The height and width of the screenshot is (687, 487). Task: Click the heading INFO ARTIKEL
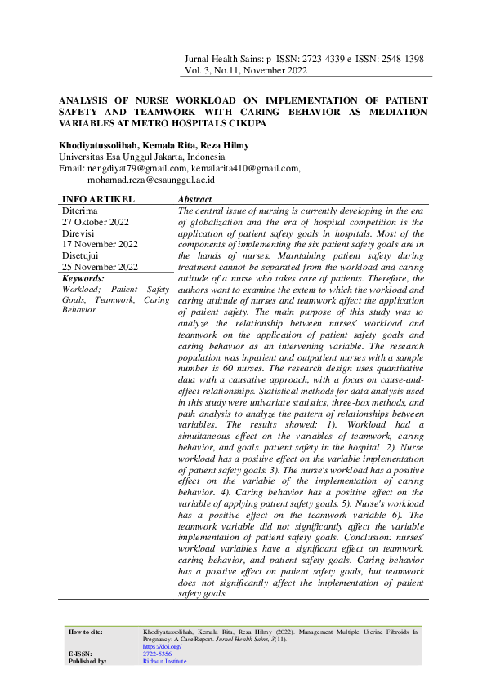[x=99, y=200]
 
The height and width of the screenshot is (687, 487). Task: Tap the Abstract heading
[x=194, y=200]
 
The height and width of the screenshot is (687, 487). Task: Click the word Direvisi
[x=80, y=233]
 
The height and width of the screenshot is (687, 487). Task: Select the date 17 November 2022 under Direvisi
[x=100, y=244]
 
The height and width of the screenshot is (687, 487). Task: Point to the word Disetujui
[x=83, y=255]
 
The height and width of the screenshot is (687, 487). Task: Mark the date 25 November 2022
[x=100, y=267]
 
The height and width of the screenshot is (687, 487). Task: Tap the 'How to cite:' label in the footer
[x=87, y=632]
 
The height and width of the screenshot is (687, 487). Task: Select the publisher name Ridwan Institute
[x=164, y=662]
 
